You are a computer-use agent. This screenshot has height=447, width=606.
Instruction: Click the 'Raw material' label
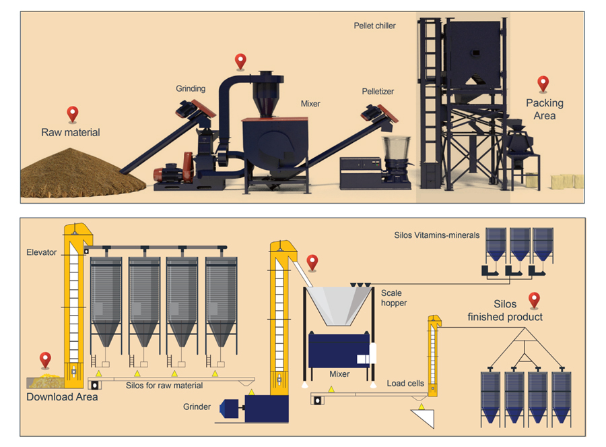[71, 133]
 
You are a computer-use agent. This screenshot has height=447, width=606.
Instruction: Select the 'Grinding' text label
[191, 88]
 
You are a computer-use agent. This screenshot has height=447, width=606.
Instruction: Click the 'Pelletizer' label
[378, 91]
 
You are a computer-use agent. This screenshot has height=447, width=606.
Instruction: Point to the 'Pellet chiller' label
[375, 26]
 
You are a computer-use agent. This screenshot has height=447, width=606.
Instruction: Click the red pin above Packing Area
[543, 84]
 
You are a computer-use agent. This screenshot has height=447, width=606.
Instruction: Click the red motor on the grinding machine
[168, 173]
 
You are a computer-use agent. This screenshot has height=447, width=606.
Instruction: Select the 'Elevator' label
[42, 253]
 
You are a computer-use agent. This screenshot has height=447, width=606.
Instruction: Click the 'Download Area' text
[62, 397]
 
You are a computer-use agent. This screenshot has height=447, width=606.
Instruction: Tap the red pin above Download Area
[45, 359]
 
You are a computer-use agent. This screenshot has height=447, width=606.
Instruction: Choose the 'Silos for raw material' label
[164, 386]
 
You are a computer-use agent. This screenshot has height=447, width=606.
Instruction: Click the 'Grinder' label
[197, 407]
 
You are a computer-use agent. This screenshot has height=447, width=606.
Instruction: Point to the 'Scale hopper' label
[392, 298]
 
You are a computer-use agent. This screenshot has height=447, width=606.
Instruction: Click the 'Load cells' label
[405, 383]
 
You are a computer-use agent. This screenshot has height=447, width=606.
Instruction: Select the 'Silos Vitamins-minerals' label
[437, 235]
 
